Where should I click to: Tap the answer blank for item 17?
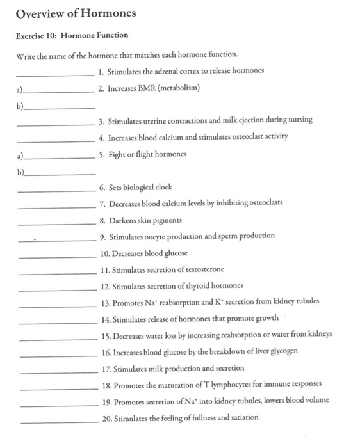(56, 372)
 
